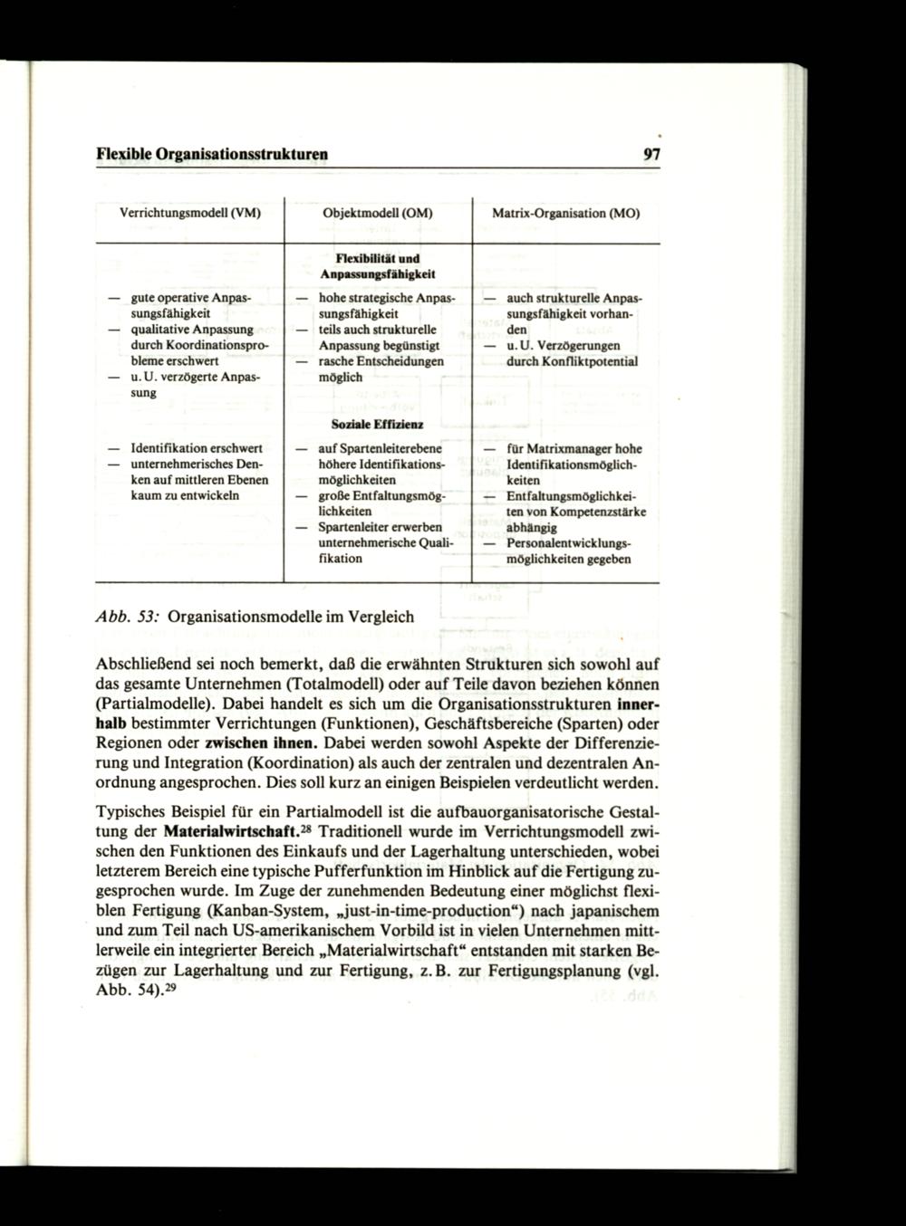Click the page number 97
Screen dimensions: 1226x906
[651, 154]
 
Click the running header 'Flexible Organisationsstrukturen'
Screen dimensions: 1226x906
[212, 154]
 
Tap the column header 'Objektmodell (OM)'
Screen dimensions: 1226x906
[378, 215]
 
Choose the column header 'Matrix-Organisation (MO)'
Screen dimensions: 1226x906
[565, 215]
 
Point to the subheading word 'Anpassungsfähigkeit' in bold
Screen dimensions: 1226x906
[379, 273]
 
